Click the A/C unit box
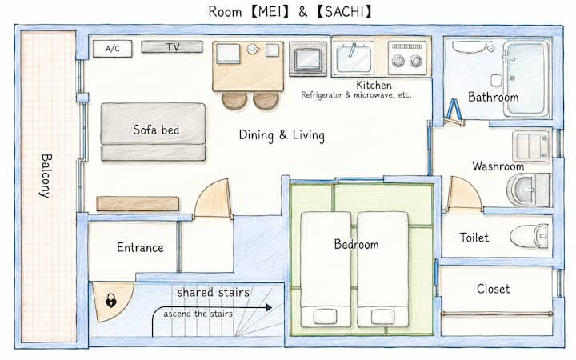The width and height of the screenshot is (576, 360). tap(113, 49)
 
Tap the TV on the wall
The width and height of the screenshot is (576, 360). tap(172, 46)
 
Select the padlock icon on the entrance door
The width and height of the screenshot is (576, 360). tap(110, 301)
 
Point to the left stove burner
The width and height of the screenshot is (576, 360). tap(398, 61)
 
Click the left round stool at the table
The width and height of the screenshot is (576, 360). tap(234, 100)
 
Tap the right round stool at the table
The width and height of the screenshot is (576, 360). tap(266, 100)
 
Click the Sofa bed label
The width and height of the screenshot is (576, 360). tap(156, 130)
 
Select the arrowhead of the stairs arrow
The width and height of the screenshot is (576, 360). tap(269, 307)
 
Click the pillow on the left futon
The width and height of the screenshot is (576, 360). tap(325, 316)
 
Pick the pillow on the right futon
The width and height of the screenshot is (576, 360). tap(382, 316)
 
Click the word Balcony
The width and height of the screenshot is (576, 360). tap(46, 175)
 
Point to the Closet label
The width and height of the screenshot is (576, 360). tap(493, 289)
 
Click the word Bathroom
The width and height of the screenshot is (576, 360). tap(493, 97)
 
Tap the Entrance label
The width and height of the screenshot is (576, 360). tap(140, 247)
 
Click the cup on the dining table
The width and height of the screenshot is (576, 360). tap(253, 49)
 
